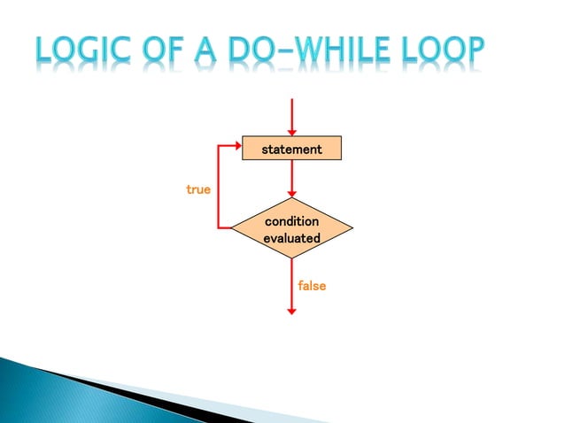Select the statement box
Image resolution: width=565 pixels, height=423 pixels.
pyautogui.click(x=291, y=150)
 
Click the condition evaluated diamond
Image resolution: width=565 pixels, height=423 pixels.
pyautogui.click(x=291, y=229)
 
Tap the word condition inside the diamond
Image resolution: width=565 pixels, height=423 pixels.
pyautogui.click(x=291, y=220)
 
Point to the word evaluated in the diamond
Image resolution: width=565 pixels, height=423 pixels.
pyautogui.click(x=291, y=238)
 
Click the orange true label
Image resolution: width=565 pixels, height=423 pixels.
pyautogui.click(x=198, y=189)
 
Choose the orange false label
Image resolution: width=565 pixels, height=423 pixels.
pyautogui.click(x=312, y=286)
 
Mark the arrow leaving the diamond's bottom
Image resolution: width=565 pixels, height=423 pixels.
pyautogui.click(x=291, y=288)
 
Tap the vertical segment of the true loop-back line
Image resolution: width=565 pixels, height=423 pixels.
pyautogui.click(x=219, y=188)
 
